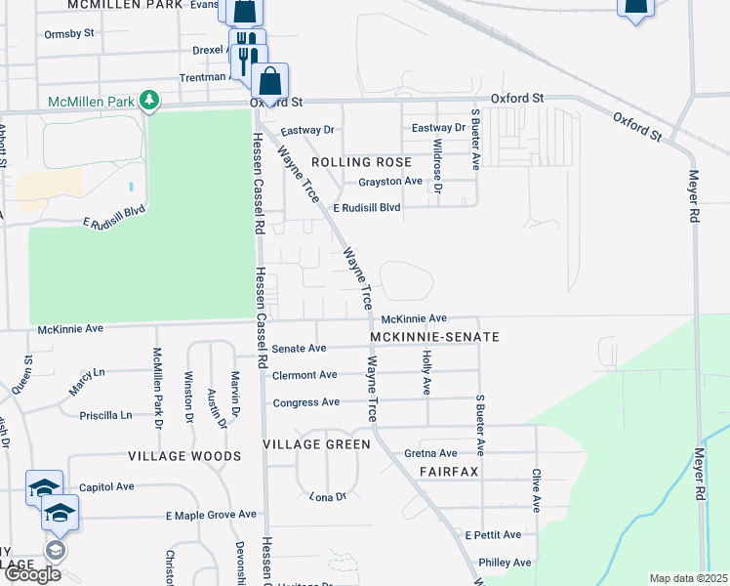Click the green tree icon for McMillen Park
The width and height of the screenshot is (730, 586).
(x=148, y=100)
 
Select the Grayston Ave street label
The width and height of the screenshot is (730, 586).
(x=390, y=182)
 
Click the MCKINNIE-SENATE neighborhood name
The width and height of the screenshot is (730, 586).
(x=435, y=337)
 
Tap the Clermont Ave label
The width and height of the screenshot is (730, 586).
(x=304, y=375)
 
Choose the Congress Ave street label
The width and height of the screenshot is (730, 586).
(x=306, y=402)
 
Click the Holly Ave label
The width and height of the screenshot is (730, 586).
(x=426, y=373)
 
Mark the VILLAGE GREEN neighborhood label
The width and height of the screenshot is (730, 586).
(x=317, y=444)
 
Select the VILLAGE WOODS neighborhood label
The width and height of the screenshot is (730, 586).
(x=184, y=456)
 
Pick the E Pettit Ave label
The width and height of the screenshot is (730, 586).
(x=500, y=535)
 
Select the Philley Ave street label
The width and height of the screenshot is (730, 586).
(x=505, y=563)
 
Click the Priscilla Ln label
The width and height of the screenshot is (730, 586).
(x=105, y=415)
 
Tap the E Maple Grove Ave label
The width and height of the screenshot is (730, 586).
(x=211, y=515)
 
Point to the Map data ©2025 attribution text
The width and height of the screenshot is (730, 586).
(x=688, y=578)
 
